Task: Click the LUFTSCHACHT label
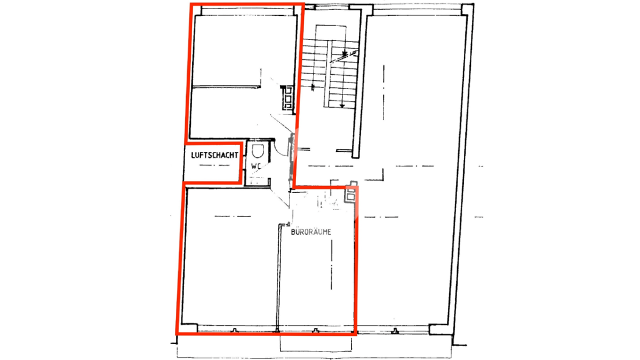click(214, 155)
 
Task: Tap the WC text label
click(256, 166)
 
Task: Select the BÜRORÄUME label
click(311, 231)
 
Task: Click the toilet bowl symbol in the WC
click(258, 151)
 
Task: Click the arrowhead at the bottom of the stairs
click(342, 106)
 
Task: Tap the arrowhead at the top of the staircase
click(345, 53)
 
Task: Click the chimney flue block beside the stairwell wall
click(287, 98)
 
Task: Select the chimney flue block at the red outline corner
click(351, 193)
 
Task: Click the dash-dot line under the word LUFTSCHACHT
click(214, 165)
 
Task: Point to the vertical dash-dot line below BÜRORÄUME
click(331, 265)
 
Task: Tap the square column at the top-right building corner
click(468, 9)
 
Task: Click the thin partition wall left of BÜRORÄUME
click(278, 278)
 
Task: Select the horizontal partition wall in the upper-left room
click(226, 86)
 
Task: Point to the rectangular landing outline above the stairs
click(331, 33)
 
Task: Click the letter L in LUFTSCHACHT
click(193, 155)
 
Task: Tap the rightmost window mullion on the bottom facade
click(395, 331)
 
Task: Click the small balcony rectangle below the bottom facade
click(316, 343)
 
